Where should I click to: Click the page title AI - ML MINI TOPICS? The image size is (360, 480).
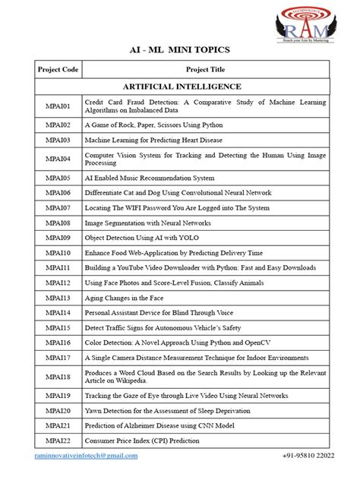tap(179, 50)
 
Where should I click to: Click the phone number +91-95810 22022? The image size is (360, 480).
tap(301, 455)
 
